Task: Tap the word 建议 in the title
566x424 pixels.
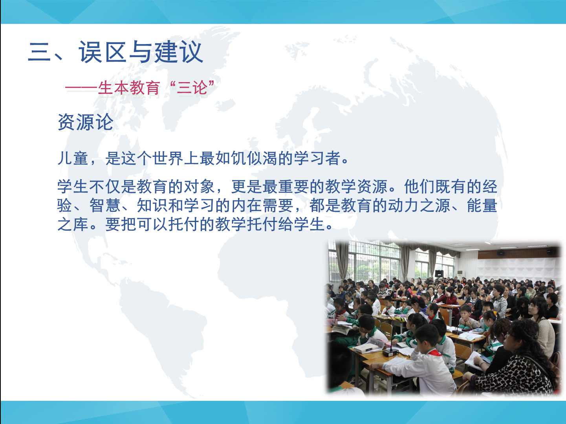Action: pos(178,52)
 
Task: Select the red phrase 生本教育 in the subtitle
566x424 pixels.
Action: pos(129,88)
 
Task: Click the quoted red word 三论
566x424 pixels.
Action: pos(192,88)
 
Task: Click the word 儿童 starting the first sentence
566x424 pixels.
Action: pos(73,158)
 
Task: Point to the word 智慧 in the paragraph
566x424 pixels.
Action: pos(105,206)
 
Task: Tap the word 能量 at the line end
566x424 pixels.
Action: pos(482,206)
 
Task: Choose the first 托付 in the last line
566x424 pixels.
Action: pos(184,224)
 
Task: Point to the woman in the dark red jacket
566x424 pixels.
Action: pos(450,297)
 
